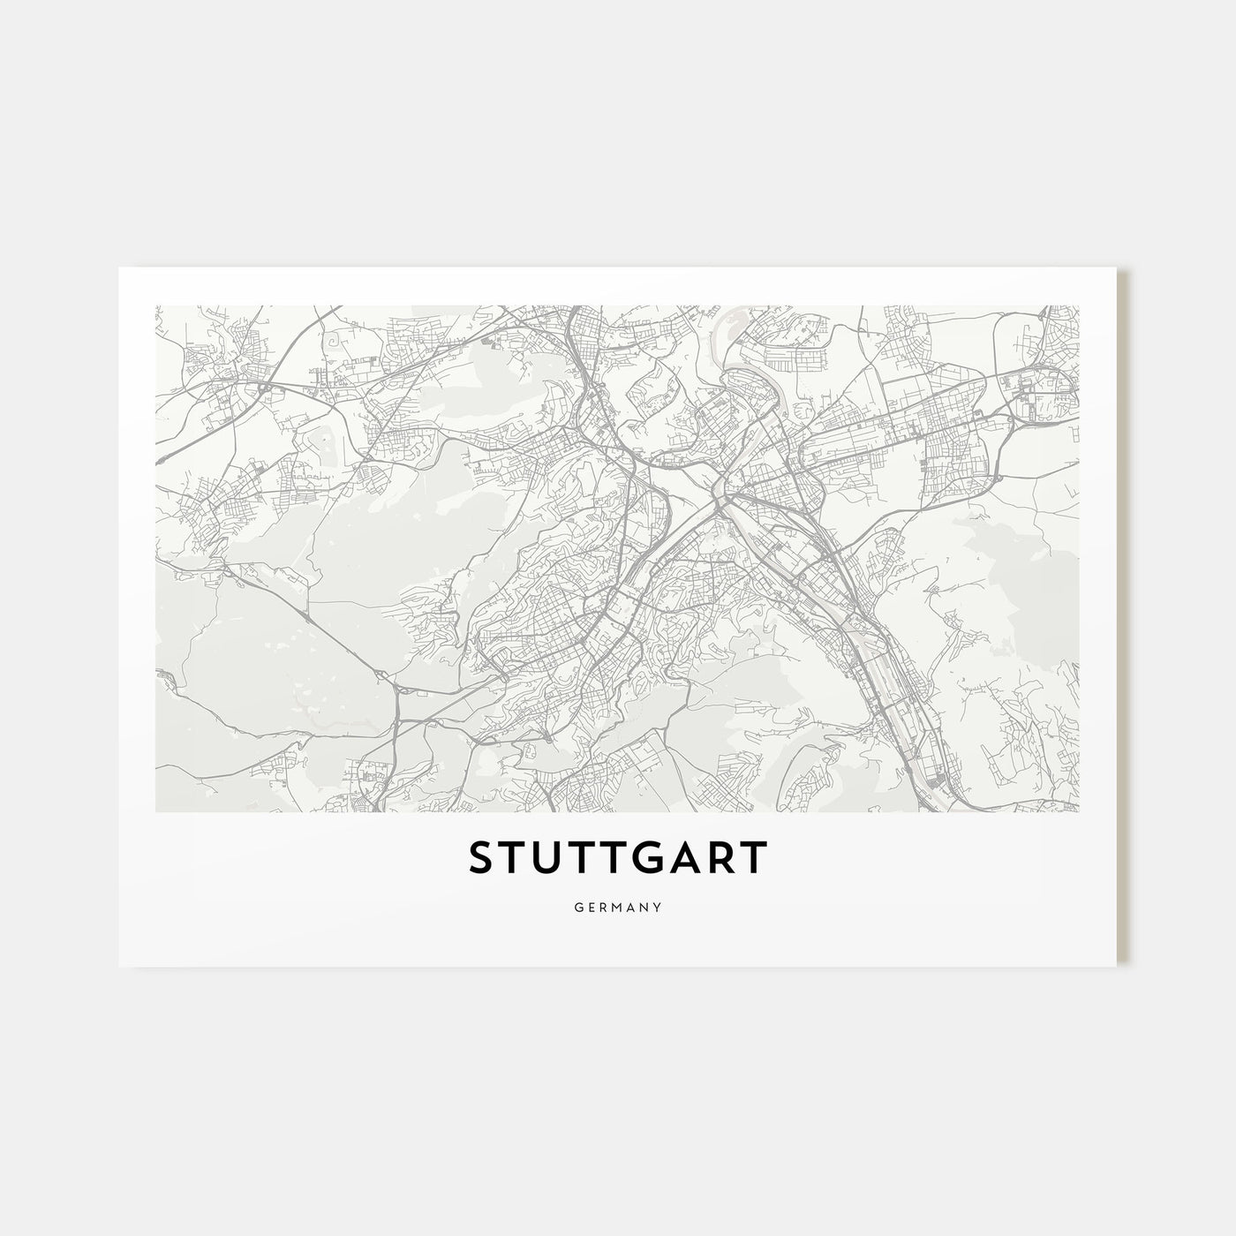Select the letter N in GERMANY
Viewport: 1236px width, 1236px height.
(644, 907)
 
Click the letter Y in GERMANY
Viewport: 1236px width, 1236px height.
(659, 907)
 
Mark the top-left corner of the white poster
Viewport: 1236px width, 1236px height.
(119, 268)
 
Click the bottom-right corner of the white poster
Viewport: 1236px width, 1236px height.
(1117, 966)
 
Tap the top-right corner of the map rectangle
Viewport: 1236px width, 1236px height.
(1079, 305)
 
